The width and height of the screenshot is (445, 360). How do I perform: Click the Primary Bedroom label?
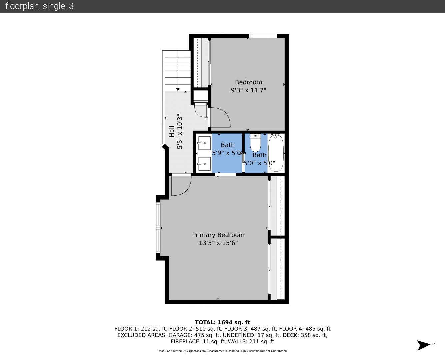click(x=218, y=235)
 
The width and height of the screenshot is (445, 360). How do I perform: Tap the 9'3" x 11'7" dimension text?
click(x=248, y=90)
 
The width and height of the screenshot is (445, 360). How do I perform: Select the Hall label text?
click(x=172, y=131)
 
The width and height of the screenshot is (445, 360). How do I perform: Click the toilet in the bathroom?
click(x=255, y=143)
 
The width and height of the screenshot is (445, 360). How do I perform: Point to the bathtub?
click(x=276, y=153)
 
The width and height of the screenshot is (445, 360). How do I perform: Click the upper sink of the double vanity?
click(x=204, y=143)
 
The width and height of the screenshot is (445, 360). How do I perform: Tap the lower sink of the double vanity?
click(x=204, y=164)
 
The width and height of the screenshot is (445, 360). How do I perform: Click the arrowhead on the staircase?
click(x=178, y=89)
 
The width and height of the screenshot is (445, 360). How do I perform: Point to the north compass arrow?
click(x=423, y=345)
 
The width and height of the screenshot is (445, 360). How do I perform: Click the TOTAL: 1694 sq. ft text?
click(x=222, y=322)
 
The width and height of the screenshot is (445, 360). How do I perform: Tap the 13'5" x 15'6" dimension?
click(x=218, y=243)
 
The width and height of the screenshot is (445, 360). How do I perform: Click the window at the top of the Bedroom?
click(x=263, y=36)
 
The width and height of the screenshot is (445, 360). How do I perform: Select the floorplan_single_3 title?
click(x=39, y=6)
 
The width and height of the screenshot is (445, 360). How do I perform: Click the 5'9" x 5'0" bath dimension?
click(x=227, y=153)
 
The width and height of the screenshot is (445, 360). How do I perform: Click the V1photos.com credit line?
click(x=222, y=351)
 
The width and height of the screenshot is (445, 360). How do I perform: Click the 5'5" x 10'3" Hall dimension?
click(x=180, y=131)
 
